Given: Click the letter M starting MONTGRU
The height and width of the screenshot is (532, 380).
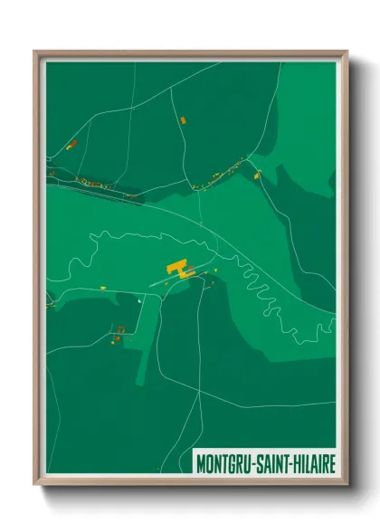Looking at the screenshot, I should [x=201, y=462].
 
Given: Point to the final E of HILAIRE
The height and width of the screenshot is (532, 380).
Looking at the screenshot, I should [x=331, y=462].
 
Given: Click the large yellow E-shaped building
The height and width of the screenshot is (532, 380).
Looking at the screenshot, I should [x=178, y=268].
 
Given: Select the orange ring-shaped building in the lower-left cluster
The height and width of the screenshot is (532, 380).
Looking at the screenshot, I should [x=119, y=329].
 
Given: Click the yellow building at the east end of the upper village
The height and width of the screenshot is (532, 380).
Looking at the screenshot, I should [x=256, y=175].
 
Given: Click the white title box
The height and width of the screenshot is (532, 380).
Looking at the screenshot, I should [x=265, y=462].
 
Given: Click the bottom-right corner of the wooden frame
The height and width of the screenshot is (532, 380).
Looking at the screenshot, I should [x=347, y=485].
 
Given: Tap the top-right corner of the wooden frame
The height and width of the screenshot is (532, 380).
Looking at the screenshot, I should [x=347, y=52].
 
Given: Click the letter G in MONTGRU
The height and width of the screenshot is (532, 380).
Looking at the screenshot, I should [x=230, y=462].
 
